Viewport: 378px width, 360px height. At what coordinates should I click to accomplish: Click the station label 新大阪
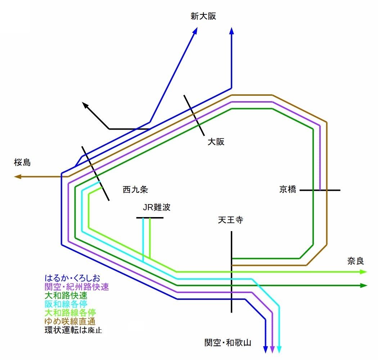203,16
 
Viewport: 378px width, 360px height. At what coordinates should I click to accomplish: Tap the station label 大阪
216,142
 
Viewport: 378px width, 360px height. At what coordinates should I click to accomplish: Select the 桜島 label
22,163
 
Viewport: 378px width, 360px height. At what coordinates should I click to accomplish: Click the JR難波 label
157,207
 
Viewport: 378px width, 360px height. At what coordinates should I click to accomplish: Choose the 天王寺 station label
231,220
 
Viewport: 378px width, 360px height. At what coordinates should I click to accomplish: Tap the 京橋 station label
288,190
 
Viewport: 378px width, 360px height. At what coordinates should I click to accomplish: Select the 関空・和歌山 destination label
227,342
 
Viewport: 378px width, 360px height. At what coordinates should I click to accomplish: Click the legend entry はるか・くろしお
72,278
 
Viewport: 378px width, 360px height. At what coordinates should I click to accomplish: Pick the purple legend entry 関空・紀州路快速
77,287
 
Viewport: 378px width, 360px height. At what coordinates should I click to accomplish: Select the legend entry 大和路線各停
70,312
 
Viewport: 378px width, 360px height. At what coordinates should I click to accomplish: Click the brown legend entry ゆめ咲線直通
70,321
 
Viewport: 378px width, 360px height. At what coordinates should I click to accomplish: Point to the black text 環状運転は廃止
73,330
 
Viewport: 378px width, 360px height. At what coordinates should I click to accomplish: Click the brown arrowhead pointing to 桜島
18,177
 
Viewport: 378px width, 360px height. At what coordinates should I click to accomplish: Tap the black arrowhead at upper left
85,105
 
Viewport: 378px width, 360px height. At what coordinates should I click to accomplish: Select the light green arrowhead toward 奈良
363,272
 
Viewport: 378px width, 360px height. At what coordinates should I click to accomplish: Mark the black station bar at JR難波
150,218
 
